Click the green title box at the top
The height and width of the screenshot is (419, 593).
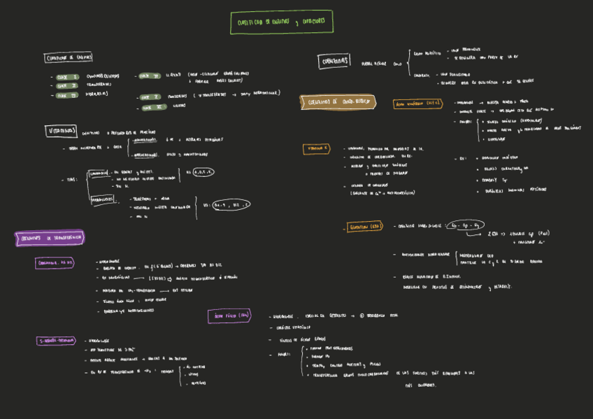pyautogui.click(x=281, y=22)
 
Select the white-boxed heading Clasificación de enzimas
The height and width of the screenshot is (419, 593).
pyautogui.click(x=69, y=57)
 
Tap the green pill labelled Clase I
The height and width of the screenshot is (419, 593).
pyautogui.click(x=67, y=76)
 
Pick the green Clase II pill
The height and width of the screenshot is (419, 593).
pyautogui.click(x=67, y=85)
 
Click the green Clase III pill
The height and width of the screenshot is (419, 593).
pyautogui.click(x=67, y=94)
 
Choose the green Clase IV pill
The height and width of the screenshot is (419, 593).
pyautogui.click(x=150, y=76)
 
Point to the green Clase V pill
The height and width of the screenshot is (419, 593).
pyautogui.click(x=150, y=97)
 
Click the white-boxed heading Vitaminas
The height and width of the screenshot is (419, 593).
pyautogui.click(x=62, y=131)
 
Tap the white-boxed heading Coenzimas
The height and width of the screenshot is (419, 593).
pyautogui.click(x=334, y=62)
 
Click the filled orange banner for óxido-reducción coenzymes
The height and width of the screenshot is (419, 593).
pyautogui.click(x=338, y=102)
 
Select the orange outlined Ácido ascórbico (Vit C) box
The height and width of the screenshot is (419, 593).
pyautogui.click(x=418, y=104)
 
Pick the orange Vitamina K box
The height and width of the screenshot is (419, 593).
pyautogui.click(x=316, y=149)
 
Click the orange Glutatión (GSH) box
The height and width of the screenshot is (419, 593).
pyautogui.click(x=365, y=227)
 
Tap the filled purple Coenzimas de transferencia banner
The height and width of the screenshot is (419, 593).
pyautogui.click(x=50, y=239)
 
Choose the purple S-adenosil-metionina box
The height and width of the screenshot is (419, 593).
pyautogui.click(x=56, y=341)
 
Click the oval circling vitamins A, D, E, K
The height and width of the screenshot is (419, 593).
pyautogui.click(x=203, y=171)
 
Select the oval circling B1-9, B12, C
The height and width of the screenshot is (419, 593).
pyautogui.click(x=231, y=205)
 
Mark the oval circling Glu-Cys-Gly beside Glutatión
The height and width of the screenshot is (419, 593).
pyautogui.click(x=466, y=225)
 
